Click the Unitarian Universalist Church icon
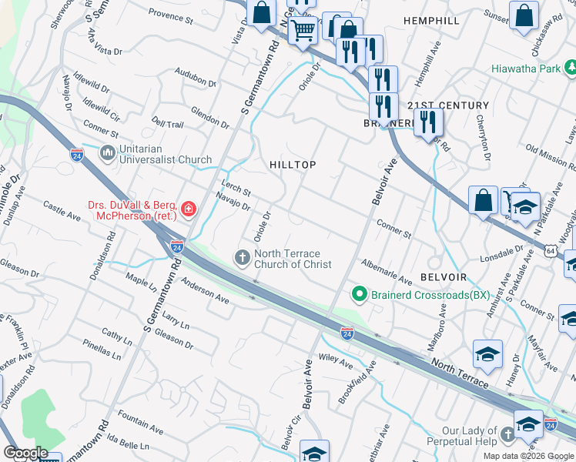[x=107, y=154]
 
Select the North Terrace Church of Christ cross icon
[x=242, y=257]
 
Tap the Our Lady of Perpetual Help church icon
[x=507, y=435]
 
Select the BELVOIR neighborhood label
[x=444, y=276]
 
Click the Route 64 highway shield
[x=552, y=250]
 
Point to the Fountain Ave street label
[x=139, y=426]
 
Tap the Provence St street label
[x=170, y=15]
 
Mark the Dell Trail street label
[x=168, y=123]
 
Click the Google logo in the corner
[x=25, y=453]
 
